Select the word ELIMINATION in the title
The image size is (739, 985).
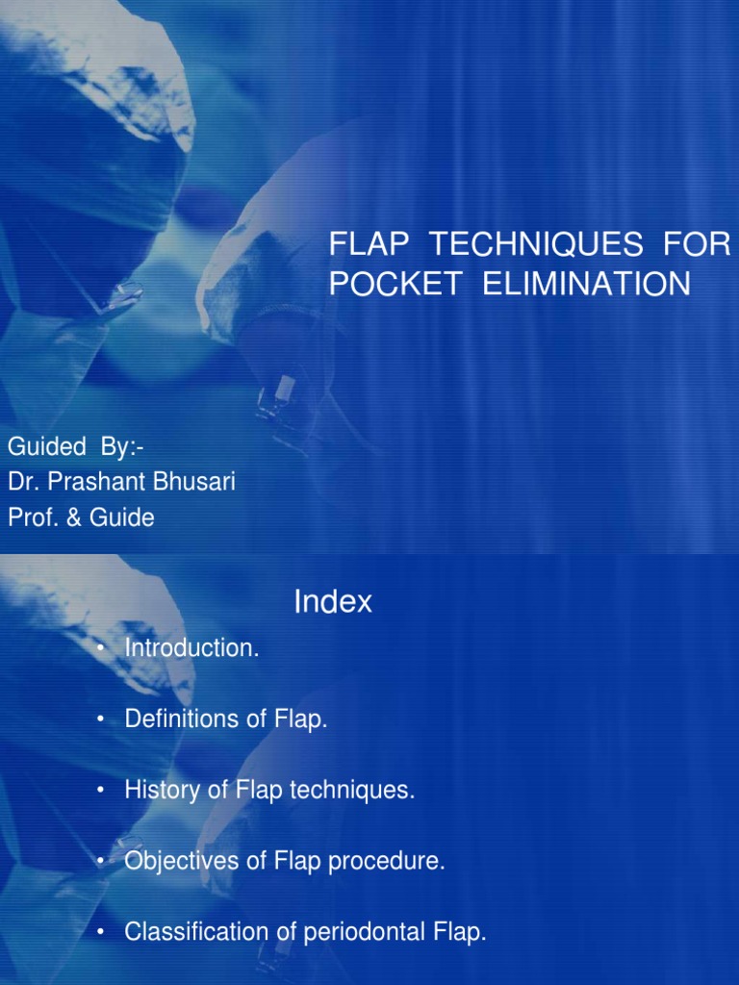coord(580,286)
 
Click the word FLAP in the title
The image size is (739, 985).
coord(365,246)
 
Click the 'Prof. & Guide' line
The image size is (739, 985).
coord(81,518)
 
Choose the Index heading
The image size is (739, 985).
coord(332,603)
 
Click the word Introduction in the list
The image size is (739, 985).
coord(191,649)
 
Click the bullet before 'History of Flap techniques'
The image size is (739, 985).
coord(100,792)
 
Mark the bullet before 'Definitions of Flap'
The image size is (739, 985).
coord(100,720)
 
